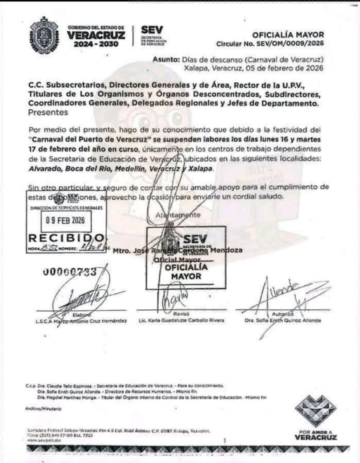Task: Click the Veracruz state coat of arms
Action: coord(44,35)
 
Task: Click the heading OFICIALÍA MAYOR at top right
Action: coord(288,35)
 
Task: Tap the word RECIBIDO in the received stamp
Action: coord(66,238)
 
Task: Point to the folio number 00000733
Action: coord(70,272)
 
